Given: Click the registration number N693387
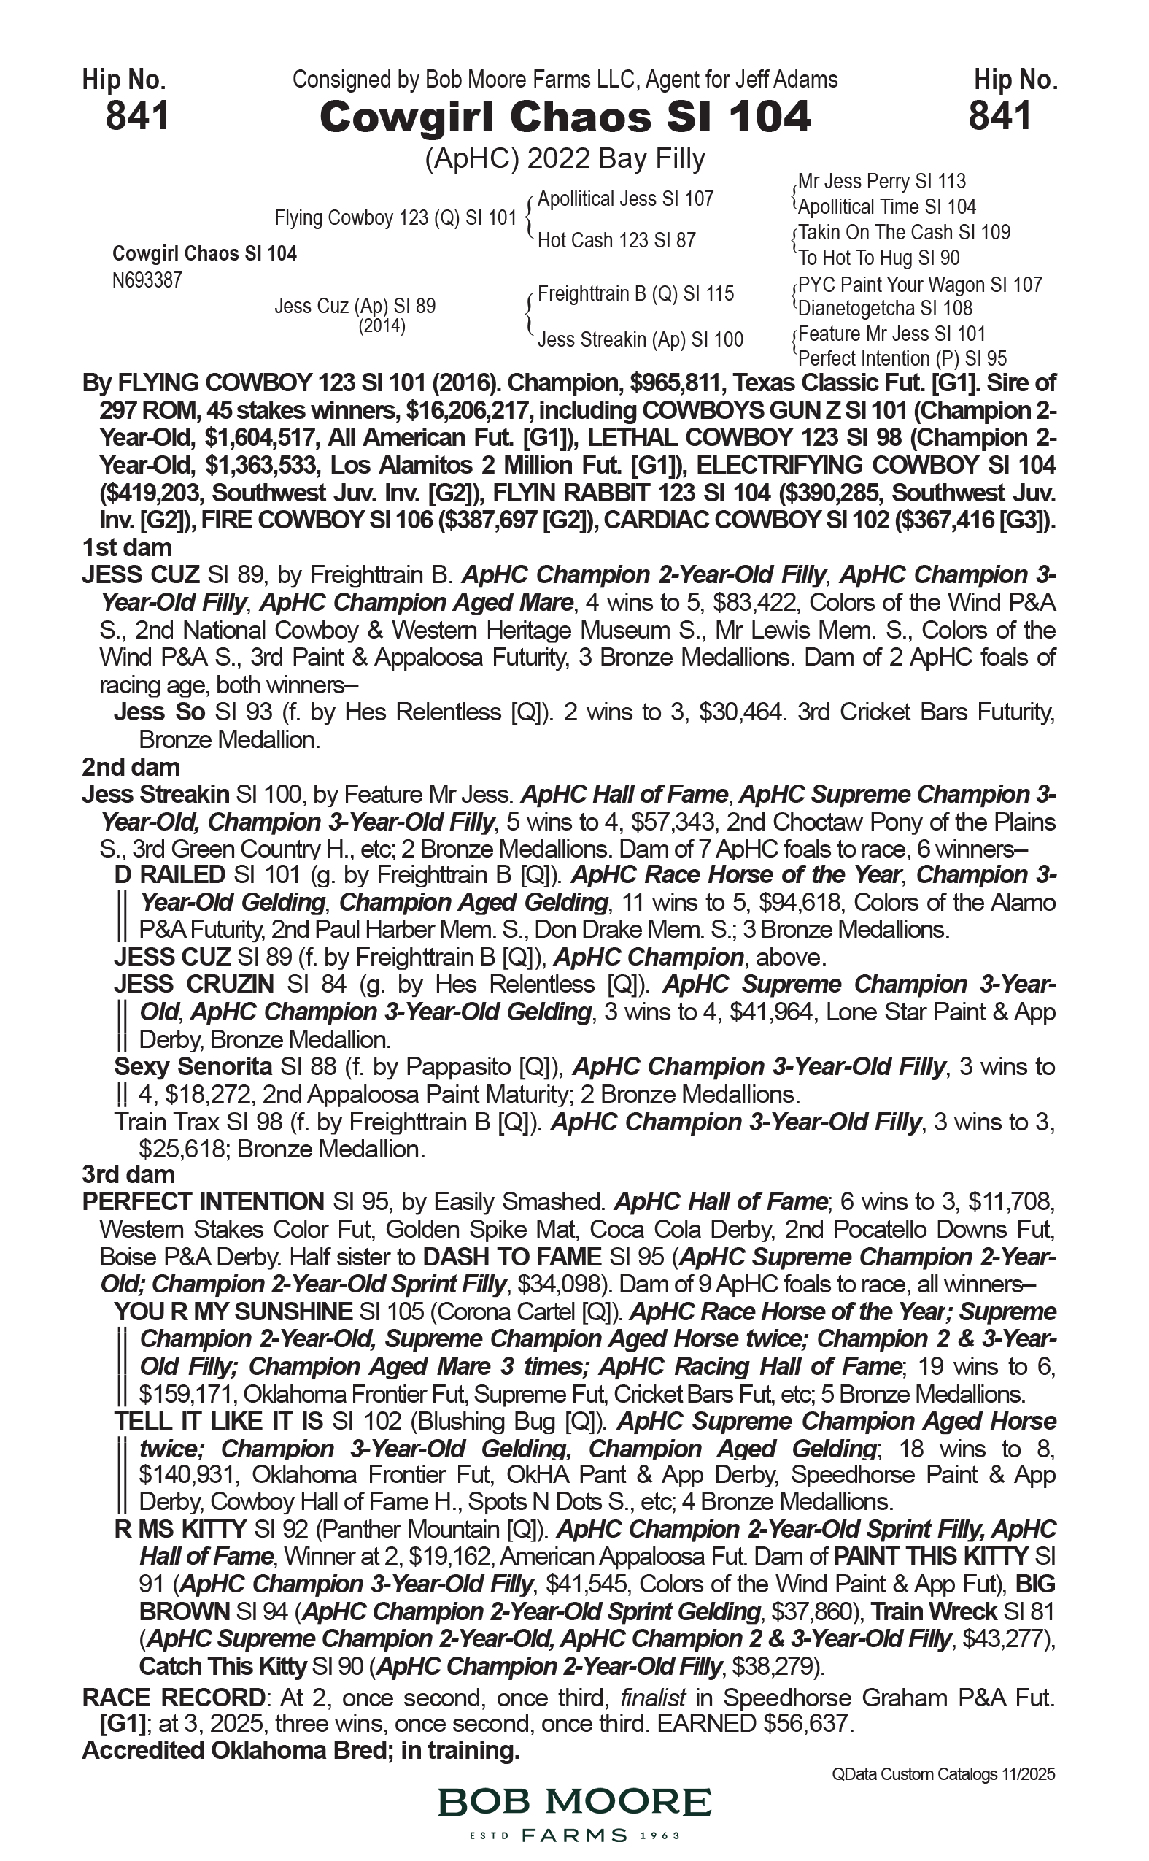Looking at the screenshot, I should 147,280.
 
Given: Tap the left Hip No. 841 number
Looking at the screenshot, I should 137,117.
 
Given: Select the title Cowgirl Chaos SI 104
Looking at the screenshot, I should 565,117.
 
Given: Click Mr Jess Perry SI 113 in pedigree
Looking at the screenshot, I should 881,182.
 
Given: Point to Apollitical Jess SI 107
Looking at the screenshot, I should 625,199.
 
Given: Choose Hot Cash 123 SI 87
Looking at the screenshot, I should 616,240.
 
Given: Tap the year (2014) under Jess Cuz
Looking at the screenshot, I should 382,326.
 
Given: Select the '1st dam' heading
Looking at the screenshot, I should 127,547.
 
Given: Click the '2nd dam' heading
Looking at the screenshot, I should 131,767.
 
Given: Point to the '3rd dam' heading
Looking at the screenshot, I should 128,1174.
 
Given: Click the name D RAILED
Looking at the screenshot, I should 169,875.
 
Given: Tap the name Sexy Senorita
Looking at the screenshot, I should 193,1066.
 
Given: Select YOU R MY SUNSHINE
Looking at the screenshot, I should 233,1311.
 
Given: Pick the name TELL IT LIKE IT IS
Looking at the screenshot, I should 219,1421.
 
